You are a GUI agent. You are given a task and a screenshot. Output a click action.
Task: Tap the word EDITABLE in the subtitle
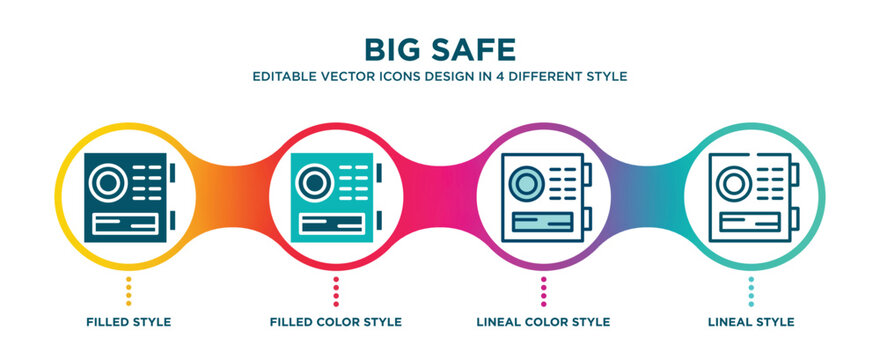click(292, 76)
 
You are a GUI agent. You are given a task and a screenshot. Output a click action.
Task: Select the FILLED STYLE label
click(128, 322)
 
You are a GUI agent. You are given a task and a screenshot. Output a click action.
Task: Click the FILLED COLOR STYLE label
click(336, 322)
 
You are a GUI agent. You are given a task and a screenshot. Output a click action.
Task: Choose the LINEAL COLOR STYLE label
click(543, 322)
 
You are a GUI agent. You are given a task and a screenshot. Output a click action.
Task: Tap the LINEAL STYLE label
click(751, 322)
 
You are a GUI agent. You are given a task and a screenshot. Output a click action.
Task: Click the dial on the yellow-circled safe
click(107, 182)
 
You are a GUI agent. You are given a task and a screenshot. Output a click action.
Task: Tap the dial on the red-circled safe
click(314, 182)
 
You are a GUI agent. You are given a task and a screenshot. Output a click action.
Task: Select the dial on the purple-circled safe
click(527, 182)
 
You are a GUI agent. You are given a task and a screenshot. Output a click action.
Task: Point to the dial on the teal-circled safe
click(734, 182)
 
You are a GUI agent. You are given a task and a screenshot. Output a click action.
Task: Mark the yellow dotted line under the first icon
click(128, 291)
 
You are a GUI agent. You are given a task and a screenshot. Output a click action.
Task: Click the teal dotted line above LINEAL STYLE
click(751, 291)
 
